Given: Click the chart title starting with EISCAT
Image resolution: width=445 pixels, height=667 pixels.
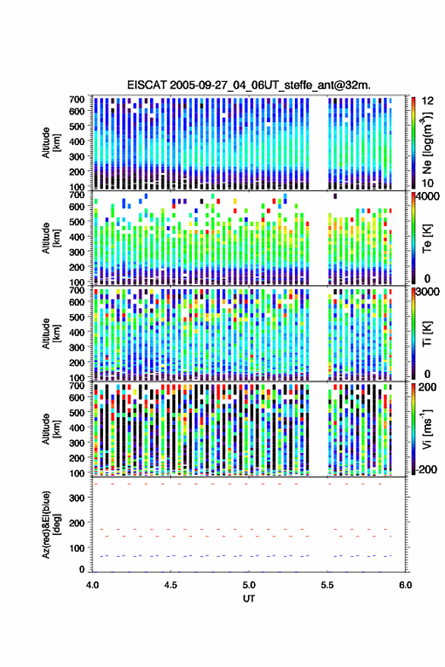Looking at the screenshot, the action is pos(249,85).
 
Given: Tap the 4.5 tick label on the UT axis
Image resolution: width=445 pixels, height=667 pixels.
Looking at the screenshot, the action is pos(171,585).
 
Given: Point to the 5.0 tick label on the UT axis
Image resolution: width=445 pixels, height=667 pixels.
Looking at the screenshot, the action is pos(249,585).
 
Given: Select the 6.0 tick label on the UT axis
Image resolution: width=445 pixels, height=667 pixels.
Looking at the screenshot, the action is pos(406,585).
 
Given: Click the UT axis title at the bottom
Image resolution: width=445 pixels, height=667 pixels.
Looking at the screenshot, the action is pos(249,599).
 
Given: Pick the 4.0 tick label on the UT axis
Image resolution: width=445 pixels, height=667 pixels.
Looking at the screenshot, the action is pos(92,585).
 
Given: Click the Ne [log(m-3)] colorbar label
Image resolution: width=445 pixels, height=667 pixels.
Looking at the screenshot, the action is pos(427,142).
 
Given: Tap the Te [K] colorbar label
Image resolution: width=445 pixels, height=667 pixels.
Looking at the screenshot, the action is pos(427,238).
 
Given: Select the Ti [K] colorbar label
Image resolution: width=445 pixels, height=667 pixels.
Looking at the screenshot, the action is pos(427,334).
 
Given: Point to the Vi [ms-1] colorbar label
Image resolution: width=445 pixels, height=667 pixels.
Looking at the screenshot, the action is pos(427,429).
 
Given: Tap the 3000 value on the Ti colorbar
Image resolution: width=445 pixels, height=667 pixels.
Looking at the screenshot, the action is pos(428,292).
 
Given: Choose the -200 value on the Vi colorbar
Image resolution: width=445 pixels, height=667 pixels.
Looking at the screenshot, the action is pos(426,469).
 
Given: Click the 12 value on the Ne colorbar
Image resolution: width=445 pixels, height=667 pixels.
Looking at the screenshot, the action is pos(428,101).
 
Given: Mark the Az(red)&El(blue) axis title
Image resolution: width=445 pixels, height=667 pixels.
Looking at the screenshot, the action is pos(51,524).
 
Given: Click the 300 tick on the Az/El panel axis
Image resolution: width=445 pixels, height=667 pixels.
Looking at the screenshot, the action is pos(77,498).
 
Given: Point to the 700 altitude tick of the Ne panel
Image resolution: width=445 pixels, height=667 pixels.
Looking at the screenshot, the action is pos(77,99).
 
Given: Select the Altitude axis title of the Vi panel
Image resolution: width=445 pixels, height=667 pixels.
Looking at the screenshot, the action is pos(51,429).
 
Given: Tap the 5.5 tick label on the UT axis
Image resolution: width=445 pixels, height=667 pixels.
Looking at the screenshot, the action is pos(327,585).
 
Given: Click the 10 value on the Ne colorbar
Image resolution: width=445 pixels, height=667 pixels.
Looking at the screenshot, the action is pos(428,183).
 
